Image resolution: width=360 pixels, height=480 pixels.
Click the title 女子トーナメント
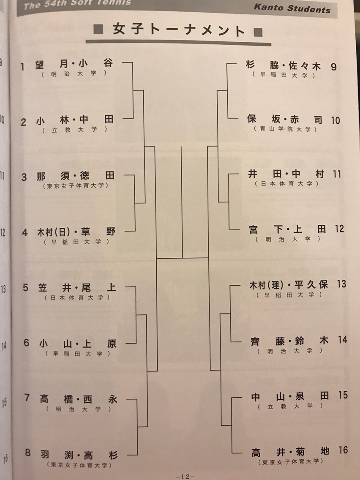(x=179, y=31)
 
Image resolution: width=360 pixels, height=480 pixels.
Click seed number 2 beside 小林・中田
(x=24, y=122)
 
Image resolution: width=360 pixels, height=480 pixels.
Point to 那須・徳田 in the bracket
(x=77, y=177)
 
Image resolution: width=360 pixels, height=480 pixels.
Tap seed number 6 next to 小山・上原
(x=26, y=343)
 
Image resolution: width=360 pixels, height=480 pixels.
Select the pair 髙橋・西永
(x=77, y=398)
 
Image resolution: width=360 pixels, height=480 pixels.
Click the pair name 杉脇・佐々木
(x=284, y=66)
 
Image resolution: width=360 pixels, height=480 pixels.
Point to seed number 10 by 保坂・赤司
(x=335, y=120)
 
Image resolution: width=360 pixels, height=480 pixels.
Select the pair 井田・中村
(x=284, y=174)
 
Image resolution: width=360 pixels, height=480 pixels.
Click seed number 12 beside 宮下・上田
(x=339, y=229)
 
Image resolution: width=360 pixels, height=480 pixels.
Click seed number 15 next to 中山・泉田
(x=343, y=395)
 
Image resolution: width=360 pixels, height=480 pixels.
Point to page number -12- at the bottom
(x=185, y=476)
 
